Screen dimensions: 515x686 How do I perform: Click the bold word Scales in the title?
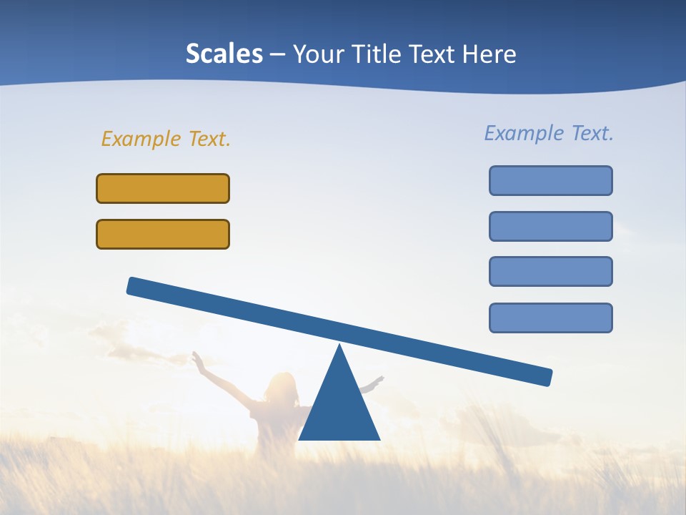(x=224, y=54)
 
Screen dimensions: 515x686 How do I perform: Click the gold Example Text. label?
(x=166, y=139)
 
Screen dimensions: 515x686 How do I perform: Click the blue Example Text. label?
(x=549, y=133)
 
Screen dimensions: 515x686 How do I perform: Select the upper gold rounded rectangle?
(x=163, y=188)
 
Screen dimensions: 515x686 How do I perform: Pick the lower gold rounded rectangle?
(x=163, y=234)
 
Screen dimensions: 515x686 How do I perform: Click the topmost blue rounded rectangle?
(x=550, y=180)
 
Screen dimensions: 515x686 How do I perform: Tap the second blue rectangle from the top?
(x=550, y=226)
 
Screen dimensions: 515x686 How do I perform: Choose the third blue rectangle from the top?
(x=550, y=272)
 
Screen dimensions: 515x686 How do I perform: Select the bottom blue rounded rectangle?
(x=550, y=318)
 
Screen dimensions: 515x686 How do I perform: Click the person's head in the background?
(x=281, y=386)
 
